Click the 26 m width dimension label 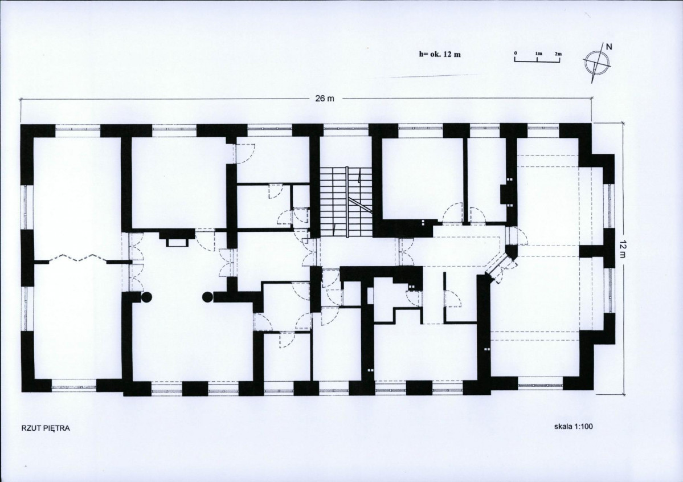[x=325, y=99]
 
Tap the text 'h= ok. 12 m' [x=440, y=55]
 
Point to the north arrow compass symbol [x=598, y=63]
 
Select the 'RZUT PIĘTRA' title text [x=46, y=428]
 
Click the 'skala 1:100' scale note [x=573, y=426]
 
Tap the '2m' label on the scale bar [x=558, y=54]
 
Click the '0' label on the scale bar [x=516, y=53]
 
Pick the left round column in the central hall [x=147, y=297]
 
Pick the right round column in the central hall [x=208, y=297]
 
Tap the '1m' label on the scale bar [x=538, y=54]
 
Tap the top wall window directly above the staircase [x=346, y=128]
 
